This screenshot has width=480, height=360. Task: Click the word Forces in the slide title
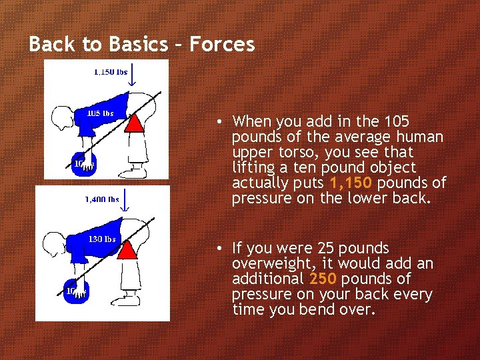coord(222,45)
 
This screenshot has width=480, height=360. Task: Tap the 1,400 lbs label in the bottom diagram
coord(102,199)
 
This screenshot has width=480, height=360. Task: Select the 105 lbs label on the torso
coord(101,113)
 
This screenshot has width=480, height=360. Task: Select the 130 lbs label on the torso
coord(102,239)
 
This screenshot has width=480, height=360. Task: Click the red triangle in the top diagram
coord(135,123)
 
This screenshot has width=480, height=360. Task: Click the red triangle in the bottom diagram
coord(135,249)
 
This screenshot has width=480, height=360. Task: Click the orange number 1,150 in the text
coord(351,183)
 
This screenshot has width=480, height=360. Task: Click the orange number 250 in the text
coord(323,279)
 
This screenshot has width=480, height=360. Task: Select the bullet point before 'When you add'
coord(218,122)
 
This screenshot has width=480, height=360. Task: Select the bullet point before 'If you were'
coord(218,249)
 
